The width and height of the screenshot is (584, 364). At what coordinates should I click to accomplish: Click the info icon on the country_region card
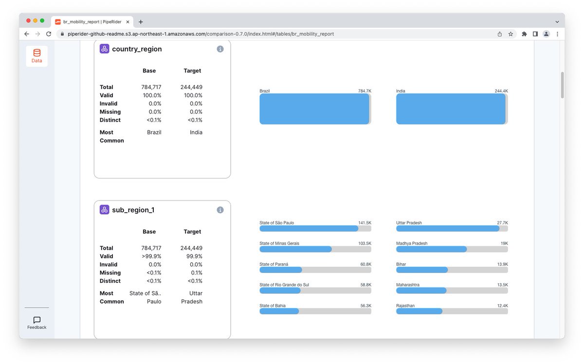click(220, 49)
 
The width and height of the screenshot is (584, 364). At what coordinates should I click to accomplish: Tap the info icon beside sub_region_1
click(220, 210)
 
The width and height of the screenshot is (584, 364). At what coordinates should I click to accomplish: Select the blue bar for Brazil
click(314, 109)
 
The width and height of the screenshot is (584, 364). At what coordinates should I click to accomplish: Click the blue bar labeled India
click(451, 109)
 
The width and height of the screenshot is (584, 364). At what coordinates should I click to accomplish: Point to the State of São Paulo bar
click(309, 228)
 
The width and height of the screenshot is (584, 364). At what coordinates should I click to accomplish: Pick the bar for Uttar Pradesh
click(448, 228)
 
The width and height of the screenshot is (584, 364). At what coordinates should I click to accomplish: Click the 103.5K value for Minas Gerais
click(365, 243)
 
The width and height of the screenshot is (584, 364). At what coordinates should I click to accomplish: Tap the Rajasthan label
click(405, 306)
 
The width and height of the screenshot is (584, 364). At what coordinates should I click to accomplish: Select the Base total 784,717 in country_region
click(151, 87)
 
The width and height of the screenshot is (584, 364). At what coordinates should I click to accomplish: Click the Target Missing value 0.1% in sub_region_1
click(196, 273)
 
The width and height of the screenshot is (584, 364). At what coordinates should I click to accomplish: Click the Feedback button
click(37, 323)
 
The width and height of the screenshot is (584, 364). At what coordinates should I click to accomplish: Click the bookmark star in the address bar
click(511, 34)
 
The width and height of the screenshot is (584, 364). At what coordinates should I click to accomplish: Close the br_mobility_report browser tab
click(128, 22)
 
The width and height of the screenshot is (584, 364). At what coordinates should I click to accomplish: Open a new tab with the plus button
click(141, 22)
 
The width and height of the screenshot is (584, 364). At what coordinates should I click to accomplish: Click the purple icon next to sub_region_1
click(104, 210)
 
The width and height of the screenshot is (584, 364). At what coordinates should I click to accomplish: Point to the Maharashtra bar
click(421, 291)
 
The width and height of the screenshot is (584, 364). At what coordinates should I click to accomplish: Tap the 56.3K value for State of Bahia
click(366, 306)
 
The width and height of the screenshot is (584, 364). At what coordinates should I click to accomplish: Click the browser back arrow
click(27, 34)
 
